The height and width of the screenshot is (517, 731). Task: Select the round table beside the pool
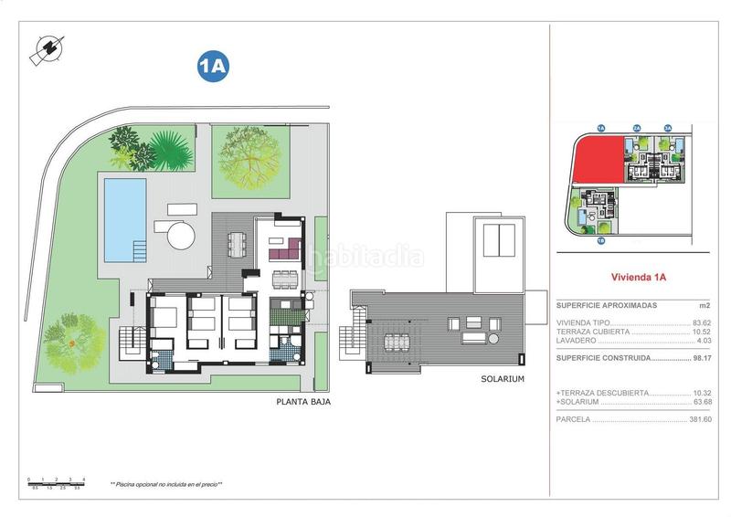tap(181, 237)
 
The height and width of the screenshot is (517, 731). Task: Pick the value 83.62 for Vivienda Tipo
tap(701, 323)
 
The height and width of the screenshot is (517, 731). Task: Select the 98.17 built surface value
tap(701, 358)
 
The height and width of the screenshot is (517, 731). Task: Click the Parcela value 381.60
tap(699, 420)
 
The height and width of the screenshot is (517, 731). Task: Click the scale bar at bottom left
tap(56, 482)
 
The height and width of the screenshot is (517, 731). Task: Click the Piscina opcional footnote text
tap(166, 484)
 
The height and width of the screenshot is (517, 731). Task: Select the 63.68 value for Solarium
tap(701, 401)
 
